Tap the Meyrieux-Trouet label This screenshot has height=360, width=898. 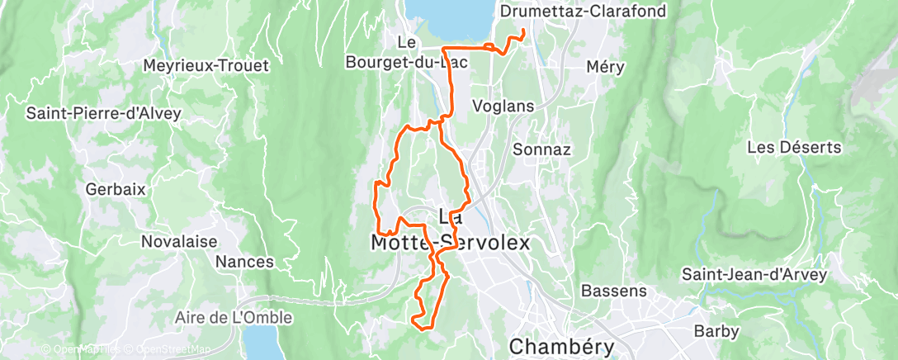(x=206, y=65)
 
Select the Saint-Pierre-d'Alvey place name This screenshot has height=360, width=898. (x=103, y=113)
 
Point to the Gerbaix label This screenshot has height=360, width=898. (x=116, y=189)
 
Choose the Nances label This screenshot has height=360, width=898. (x=244, y=262)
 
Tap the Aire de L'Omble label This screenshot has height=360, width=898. (x=234, y=317)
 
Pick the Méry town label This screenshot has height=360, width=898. (x=605, y=67)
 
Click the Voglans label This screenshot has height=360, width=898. (x=503, y=107)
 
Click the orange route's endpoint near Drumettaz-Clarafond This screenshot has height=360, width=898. (x=523, y=31)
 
